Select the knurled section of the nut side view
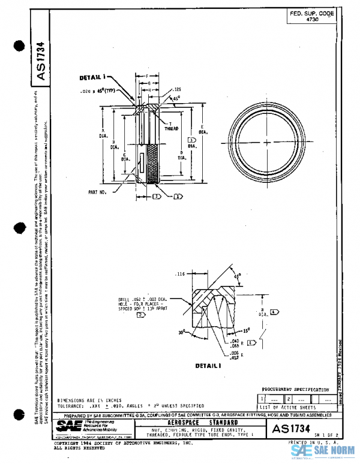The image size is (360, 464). click(154, 164)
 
